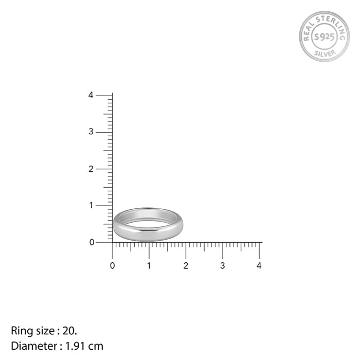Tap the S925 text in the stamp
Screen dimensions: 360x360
(324, 37)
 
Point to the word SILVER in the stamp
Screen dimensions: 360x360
(325, 53)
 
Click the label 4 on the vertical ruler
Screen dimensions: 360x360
(91, 95)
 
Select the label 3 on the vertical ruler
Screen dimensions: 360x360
(91, 132)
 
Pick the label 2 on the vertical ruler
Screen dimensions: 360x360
(91, 169)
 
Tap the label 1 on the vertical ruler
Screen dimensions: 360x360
(92, 205)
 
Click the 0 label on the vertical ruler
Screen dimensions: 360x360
(92, 242)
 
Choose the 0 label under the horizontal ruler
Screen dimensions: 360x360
(112, 266)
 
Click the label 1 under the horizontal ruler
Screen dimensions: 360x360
(149, 266)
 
